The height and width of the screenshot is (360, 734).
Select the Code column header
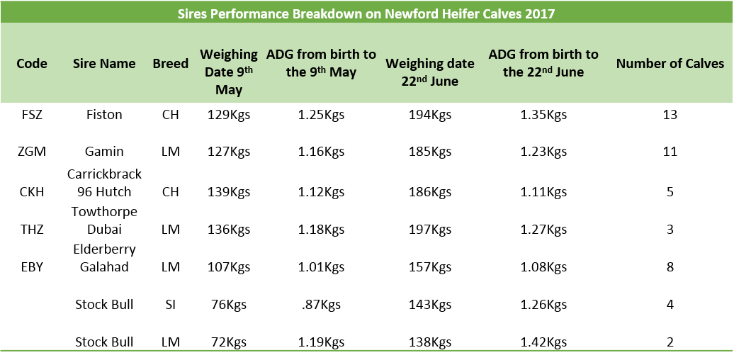32,63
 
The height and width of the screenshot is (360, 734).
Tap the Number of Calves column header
670,64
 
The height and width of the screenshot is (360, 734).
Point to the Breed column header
170,63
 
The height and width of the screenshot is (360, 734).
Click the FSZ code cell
32,114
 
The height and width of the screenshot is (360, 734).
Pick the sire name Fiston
104,114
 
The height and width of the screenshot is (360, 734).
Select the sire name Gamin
104,151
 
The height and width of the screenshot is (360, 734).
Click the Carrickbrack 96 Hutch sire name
104,183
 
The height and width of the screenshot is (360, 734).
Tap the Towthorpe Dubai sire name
104,220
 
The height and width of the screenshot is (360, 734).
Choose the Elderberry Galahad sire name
104,258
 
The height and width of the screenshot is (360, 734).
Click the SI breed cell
170,304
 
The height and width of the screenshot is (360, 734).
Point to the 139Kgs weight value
228,192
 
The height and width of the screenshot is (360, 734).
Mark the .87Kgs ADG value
321,304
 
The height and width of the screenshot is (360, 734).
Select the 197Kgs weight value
430,230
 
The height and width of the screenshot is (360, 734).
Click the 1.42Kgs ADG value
543,342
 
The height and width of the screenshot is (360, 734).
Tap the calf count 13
670,114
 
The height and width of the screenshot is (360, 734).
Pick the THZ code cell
32,230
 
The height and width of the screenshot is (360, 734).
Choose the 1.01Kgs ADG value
321,267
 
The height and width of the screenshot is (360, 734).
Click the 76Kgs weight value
228,304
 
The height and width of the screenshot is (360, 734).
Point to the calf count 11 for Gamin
670,151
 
